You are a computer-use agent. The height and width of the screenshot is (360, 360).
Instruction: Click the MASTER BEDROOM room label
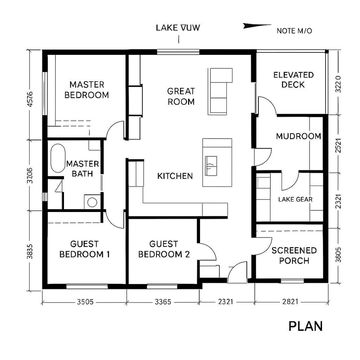click(x=86, y=90)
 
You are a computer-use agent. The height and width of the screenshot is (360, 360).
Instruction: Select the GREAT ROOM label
click(x=181, y=96)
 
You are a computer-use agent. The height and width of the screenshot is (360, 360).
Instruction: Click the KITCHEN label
click(x=175, y=176)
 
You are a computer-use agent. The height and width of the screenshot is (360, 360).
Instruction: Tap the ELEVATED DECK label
click(x=293, y=80)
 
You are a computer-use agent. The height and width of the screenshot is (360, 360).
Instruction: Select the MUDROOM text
click(x=298, y=136)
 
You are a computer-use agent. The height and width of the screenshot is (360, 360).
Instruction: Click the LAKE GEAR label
click(x=295, y=199)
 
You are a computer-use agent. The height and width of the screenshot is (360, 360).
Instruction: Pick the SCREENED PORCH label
click(x=294, y=256)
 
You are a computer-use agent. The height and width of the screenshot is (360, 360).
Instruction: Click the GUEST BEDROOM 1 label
click(x=84, y=249)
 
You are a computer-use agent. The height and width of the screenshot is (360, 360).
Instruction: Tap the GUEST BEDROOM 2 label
click(x=164, y=249)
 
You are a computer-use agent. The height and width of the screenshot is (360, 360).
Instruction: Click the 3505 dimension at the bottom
click(x=85, y=302)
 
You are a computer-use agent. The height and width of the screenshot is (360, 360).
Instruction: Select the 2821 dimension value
click(x=290, y=302)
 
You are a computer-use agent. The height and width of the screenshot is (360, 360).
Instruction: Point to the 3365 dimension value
click(x=163, y=302)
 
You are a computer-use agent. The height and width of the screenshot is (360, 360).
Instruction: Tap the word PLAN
click(x=305, y=326)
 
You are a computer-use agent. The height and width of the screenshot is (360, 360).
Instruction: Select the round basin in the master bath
click(x=92, y=202)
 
